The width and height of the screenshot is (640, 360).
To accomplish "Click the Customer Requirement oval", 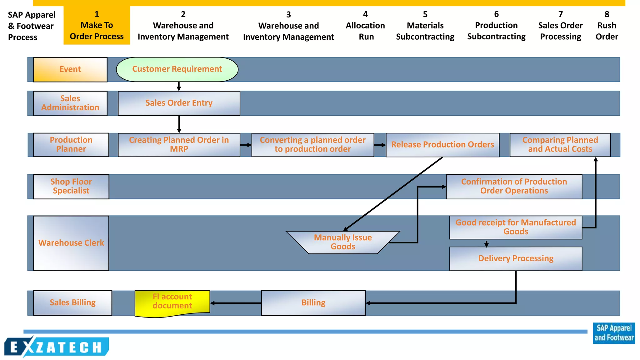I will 177,69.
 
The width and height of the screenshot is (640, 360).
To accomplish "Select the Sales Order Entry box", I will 179,103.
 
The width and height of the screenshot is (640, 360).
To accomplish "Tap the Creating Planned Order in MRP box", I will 179,145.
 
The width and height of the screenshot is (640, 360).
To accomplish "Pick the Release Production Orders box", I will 442,145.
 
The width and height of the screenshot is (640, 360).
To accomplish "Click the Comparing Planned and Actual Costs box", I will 560,145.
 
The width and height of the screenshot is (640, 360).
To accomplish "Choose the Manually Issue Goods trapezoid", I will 343,242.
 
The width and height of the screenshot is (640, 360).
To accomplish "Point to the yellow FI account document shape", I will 172,302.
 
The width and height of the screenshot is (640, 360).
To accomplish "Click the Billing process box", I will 313,303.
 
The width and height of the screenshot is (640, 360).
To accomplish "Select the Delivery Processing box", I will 516,259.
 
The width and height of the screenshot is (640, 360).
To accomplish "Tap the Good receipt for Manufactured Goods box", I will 516,227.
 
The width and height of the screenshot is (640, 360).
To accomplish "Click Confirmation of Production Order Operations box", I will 514,186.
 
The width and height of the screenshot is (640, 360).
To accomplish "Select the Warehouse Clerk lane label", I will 71,243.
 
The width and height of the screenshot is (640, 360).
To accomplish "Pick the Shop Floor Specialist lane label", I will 71,186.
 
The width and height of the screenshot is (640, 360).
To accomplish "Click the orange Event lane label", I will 70,69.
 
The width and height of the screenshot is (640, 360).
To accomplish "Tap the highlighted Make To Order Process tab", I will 97,26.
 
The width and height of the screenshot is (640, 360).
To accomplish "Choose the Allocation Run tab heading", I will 365,26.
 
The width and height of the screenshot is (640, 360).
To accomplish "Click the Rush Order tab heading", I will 607,26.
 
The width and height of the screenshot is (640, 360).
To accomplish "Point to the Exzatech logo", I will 56,347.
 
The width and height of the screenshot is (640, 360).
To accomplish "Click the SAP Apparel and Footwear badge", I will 614,333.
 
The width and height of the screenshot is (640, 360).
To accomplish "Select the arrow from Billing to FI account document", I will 236,303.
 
